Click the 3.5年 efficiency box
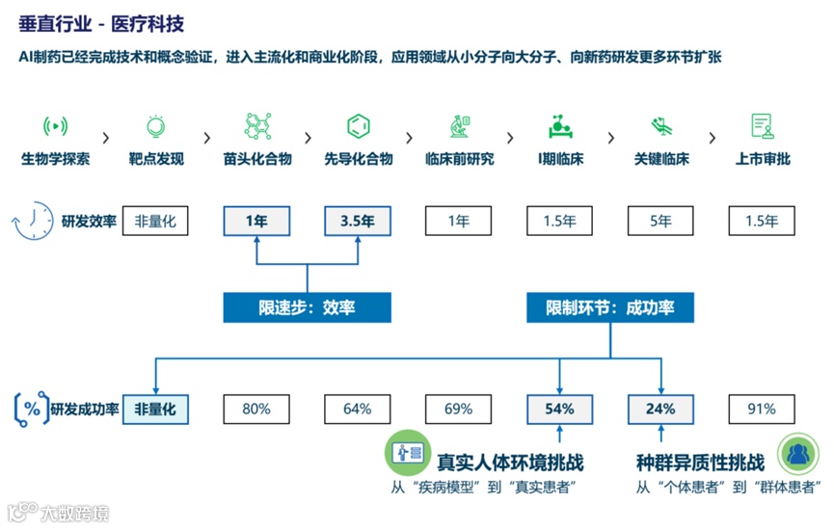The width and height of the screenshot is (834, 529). tap(357, 221)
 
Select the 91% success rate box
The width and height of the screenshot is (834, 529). tap(762, 409)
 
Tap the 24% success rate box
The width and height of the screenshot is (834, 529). tap(660, 409)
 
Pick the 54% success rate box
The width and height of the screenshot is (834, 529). tap(559, 409)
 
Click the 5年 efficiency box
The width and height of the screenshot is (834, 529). tap(660, 221)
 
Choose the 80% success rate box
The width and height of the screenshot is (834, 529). tap(256, 409)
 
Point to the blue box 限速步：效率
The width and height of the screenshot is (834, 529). tap(307, 307)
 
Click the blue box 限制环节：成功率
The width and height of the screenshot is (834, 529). tap(610, 307)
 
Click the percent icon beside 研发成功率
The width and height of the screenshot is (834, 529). tap(32, 409)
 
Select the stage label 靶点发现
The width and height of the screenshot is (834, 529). tap(155, 159)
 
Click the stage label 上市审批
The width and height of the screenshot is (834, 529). tap(763, 159)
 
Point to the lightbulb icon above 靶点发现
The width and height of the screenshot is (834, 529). tap(155, 125)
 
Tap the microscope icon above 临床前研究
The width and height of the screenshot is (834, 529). tap(459, 125)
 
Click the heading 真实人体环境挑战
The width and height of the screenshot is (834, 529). tap(510, 461)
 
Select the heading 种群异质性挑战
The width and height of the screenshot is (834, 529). tap(700, 461)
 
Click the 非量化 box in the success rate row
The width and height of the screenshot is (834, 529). tap(155, 409)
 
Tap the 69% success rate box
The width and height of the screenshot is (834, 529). tap(459, 409)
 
